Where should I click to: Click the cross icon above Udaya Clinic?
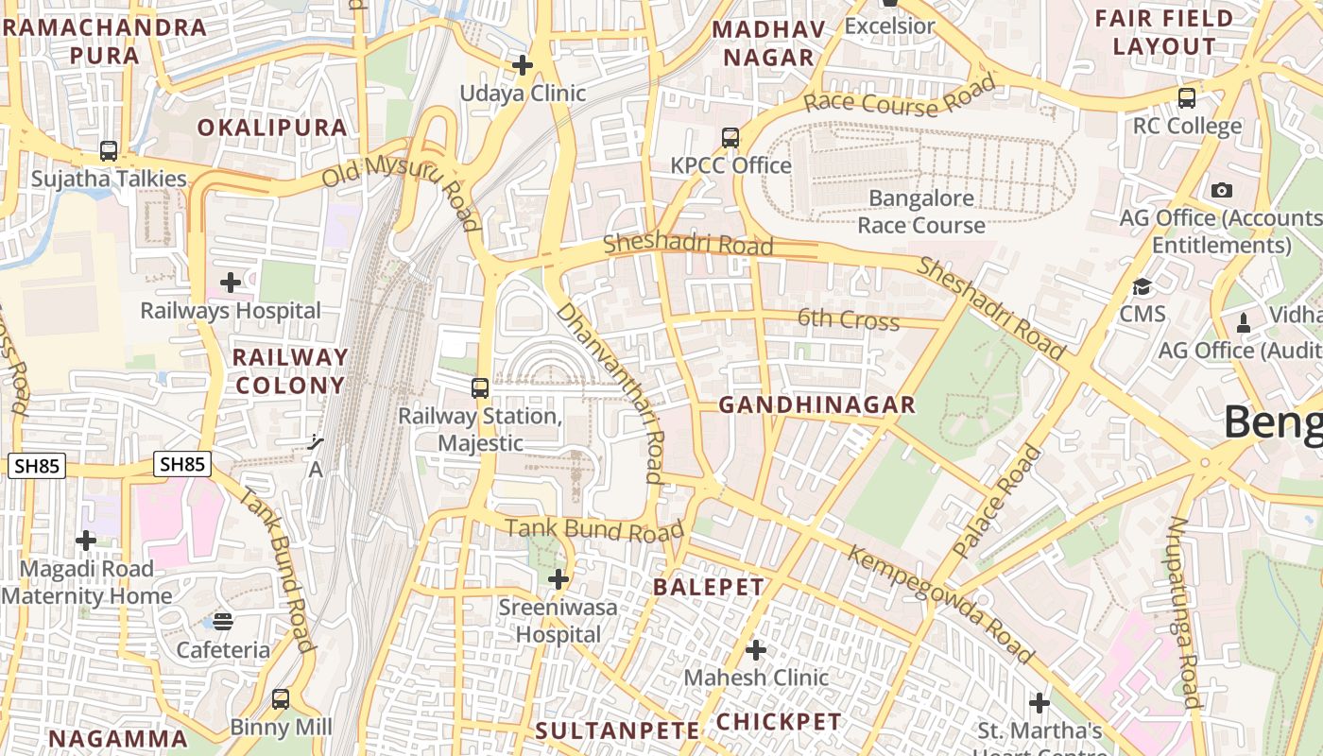coord(522,65)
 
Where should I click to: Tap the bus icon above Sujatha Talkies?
coord(109,151)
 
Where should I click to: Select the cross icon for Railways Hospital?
coord(230,283)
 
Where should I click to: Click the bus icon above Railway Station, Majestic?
coord(480,387)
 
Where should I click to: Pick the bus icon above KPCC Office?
coord(730,138)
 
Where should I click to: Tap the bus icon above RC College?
coord(1187,97)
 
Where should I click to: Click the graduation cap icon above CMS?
coord(1143,286)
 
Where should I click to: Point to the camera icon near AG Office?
coord(1222,190)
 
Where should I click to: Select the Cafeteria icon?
coord(223,621)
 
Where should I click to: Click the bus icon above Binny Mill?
coord(281,699)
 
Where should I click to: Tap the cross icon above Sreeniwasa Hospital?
coord(558,578)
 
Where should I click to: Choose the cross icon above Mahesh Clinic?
coord(756,650)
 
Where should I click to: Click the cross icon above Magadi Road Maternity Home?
coord(86,541)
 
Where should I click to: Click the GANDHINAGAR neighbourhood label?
coord(816,405)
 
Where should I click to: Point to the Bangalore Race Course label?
coord(921,212)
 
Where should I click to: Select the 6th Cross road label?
coord(848,319)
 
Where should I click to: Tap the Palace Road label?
coord(997,500)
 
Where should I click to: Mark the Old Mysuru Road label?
coord(402,189)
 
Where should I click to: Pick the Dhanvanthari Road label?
coord(611,392)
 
